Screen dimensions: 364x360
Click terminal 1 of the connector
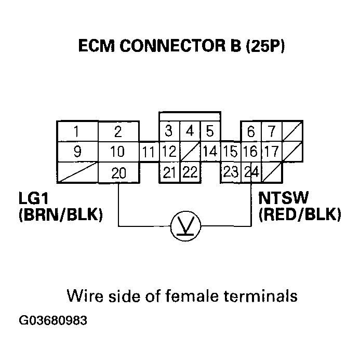77,131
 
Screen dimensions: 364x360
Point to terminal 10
118,153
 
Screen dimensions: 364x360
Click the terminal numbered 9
77,153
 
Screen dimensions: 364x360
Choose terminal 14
210,153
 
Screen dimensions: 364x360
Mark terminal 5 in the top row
210,131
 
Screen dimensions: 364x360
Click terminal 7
271,131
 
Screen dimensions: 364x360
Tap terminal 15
230,153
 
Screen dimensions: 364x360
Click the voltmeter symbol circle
186,226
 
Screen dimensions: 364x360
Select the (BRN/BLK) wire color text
60,214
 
